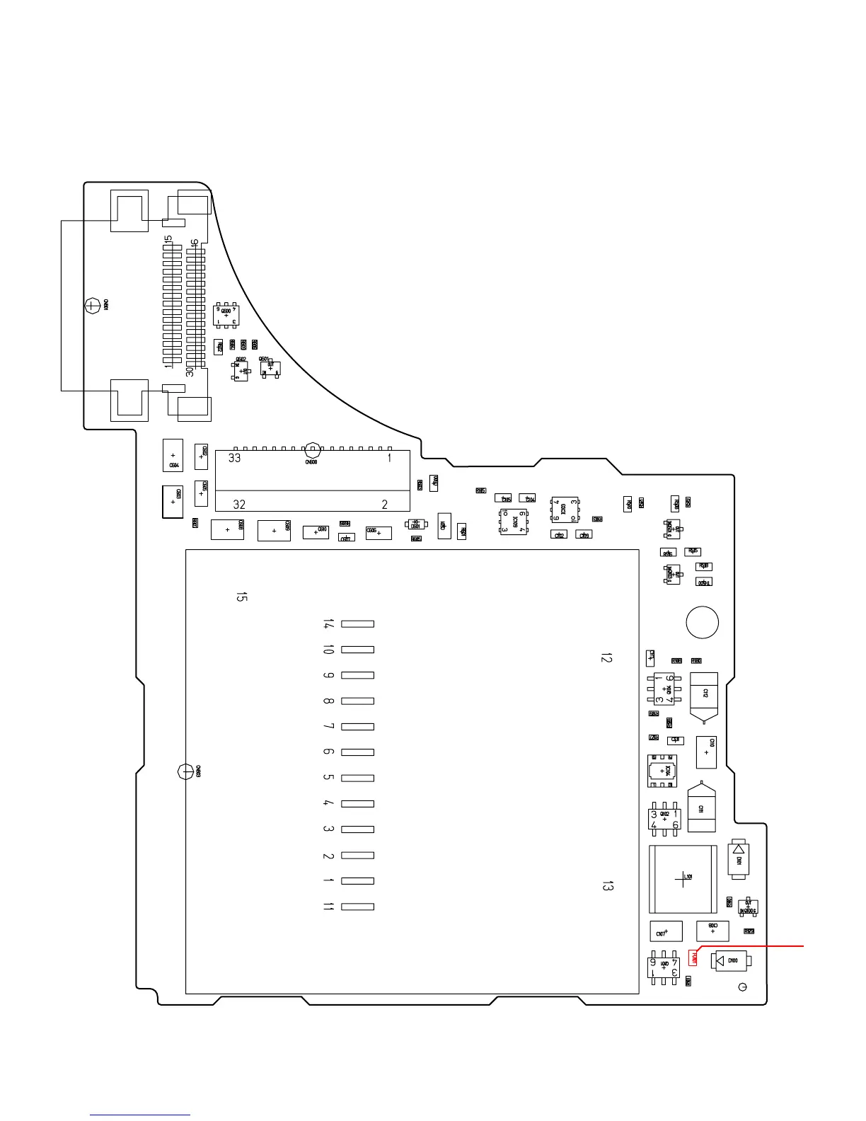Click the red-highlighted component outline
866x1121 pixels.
(x=694, y=958)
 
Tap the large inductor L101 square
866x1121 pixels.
(x=682, y=879)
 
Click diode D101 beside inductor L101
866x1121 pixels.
(x=739, y=861)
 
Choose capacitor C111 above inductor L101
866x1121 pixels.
(x=701, y=808)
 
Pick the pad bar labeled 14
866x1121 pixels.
(x=357, y=624)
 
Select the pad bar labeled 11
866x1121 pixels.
(x=357, y=907)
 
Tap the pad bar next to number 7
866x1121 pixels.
(x=357, y=727)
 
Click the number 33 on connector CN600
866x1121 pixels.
(x=234, y=458)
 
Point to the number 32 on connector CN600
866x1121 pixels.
(x=239, y=505)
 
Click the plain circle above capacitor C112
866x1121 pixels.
(x=703, y=623)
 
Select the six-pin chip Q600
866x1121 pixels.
(x=226, y=315)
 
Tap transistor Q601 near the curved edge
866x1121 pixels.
(x=270, y=368)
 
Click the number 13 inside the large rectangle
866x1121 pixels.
(x=606, y=885)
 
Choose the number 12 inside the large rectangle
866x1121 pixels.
(x=606, y=658)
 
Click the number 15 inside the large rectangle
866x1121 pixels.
(x=241, y=597)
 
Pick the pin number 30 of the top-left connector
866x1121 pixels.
(x=190, y=370)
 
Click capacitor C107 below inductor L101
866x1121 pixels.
(x=665, y=931)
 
